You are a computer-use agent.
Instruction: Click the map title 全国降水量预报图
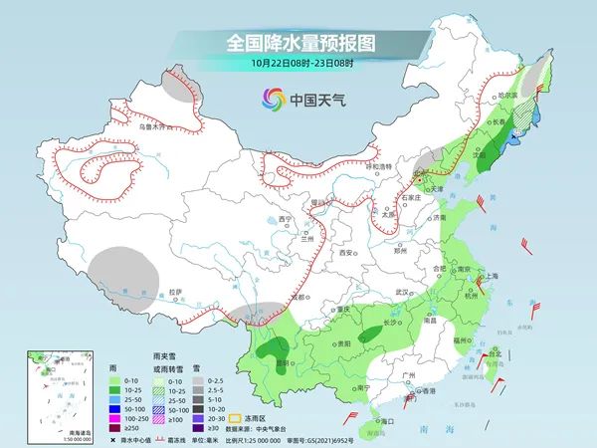point(298,43)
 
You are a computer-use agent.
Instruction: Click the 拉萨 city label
point(176,292)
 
